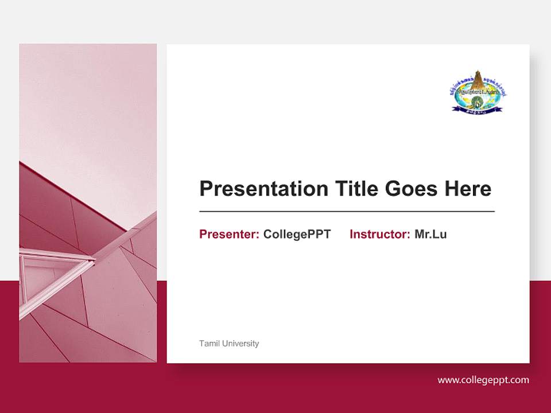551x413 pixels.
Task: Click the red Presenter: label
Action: [229, 234]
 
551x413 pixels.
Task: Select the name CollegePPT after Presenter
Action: [297, 234]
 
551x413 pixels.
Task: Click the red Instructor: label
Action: [379, 234]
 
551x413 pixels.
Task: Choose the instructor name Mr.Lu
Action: [430, 234]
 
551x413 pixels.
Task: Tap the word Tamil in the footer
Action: [208, 344]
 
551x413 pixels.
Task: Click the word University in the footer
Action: [240, 344]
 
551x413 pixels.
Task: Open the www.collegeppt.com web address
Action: [483, 380]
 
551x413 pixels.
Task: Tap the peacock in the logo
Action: [476, 102]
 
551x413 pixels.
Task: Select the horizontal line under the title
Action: [347, 212]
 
